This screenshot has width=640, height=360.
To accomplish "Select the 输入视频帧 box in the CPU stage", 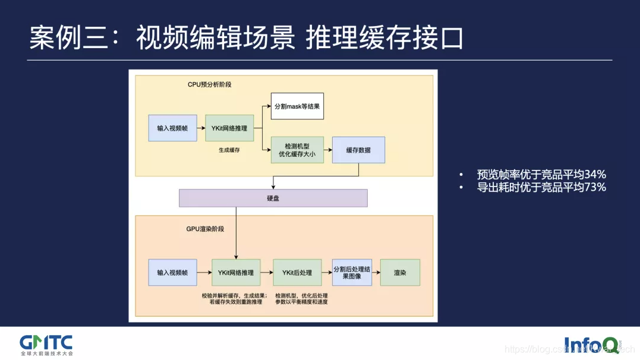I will [172, 128].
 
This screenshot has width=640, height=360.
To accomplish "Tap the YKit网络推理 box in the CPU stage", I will [229, 128].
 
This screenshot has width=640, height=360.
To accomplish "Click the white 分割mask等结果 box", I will [298, 106].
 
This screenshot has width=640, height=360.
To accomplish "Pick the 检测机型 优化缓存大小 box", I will [297, 150].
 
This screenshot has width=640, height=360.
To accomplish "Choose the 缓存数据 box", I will [358, 150].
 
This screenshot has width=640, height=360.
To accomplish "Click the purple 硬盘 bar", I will [273, 198].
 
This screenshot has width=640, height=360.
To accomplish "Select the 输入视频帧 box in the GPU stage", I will [172, 273].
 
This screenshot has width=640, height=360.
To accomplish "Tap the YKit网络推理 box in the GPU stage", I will [235, 273].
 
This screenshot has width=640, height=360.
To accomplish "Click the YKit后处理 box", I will [297, 273].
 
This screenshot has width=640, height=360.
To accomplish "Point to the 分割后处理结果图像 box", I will [352, 273].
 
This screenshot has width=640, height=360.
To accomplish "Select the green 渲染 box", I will [400, 273].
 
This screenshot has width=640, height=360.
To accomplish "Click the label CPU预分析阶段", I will [209, 84].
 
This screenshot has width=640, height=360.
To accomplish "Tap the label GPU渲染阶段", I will [205, 229].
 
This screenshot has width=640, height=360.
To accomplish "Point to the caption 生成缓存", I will [229, 151].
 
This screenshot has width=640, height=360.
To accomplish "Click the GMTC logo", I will [46, 343].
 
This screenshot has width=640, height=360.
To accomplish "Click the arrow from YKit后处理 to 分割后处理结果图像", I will [327, 273].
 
